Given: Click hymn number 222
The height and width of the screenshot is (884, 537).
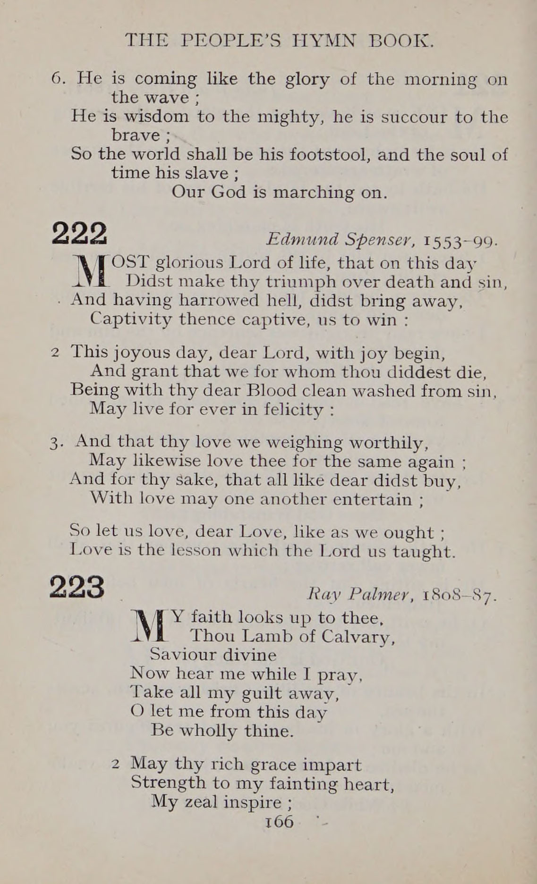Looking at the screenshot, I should click(80, 233).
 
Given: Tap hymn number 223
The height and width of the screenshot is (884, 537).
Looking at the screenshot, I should click(77, 587).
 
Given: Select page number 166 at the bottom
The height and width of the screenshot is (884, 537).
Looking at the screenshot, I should click(279, 822).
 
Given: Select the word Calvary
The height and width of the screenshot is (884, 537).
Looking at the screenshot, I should click(358, 637).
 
